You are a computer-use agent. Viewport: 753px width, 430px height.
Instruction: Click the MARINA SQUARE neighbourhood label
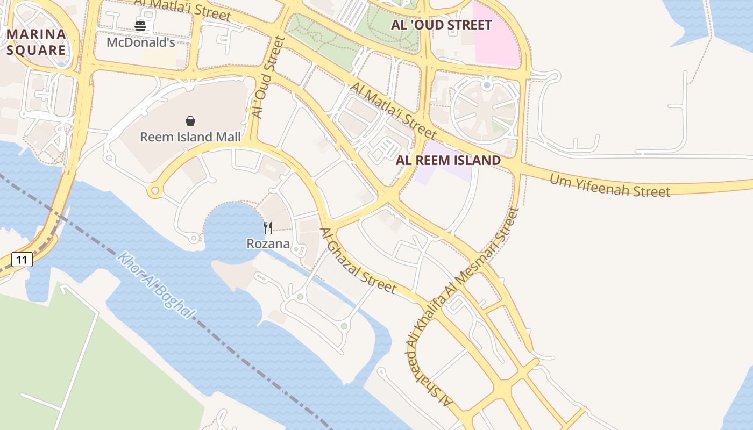[37, 42]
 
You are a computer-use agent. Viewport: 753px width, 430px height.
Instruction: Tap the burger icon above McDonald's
[140, 26]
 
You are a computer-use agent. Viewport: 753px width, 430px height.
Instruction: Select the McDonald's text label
[140, 42]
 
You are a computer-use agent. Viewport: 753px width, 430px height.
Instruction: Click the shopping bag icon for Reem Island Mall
[190, 121]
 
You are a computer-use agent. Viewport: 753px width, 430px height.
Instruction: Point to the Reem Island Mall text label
[190, 137]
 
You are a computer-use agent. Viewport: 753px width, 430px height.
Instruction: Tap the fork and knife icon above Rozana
[268, 228]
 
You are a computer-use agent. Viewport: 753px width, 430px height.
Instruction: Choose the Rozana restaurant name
[268, 244]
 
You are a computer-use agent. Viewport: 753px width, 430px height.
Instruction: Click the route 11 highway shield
[22, 260]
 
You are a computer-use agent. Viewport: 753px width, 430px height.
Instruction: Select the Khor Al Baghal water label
[156, 285]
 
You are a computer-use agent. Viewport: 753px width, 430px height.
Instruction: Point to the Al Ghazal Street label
[358, 261]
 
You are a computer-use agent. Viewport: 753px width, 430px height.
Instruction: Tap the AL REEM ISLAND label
[448, 160]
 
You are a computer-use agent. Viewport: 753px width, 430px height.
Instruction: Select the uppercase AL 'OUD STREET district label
[441, 25]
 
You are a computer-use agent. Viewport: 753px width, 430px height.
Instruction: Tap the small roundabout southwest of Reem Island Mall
[155, 190]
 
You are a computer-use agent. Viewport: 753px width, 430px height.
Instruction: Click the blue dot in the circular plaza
[487, 85]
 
